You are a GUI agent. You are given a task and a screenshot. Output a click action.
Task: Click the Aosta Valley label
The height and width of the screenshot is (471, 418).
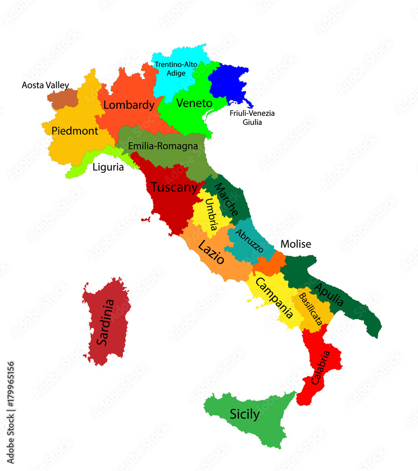(45, 85)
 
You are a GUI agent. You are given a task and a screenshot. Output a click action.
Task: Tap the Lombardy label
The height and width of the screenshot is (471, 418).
(129, 105)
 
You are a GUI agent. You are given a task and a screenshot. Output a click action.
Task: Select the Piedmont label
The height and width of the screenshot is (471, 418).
(75, 130)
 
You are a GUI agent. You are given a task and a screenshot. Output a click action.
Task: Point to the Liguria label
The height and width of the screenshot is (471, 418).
(108, 167)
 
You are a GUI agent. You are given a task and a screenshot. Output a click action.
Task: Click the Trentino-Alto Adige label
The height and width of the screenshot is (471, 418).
(176, 69)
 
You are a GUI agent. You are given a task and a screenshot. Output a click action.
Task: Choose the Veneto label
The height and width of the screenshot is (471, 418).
(194, 103)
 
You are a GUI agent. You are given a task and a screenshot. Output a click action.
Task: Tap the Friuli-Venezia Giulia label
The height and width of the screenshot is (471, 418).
(252, 118)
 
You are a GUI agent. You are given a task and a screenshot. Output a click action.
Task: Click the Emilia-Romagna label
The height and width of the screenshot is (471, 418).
(163, 146)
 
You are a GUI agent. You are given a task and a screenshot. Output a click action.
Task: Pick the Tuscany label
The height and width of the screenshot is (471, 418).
(174, 187)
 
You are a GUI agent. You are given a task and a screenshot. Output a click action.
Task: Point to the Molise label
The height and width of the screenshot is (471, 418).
(295, 244)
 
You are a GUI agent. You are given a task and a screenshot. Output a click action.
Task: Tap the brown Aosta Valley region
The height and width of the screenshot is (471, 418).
(62, 98)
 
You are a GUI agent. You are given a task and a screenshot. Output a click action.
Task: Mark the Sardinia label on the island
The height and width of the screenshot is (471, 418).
(105, 323)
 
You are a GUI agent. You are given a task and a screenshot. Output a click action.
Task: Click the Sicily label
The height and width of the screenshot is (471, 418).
(245, 414)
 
